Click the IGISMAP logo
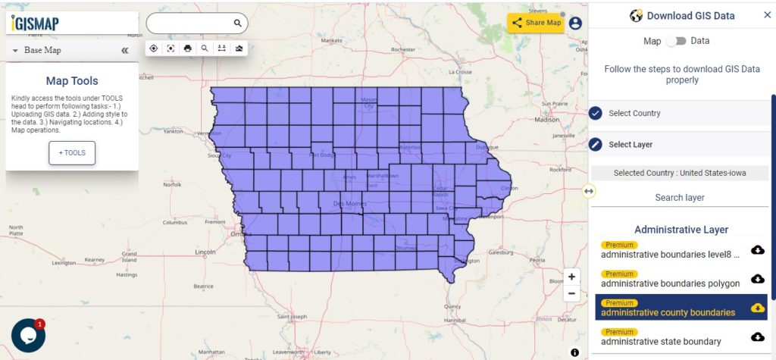tap(35, 23)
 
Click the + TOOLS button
tap(72, 152)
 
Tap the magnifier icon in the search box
tap(237, 23)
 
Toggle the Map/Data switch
tap(676, 41)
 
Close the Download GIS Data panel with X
tap(767, 15)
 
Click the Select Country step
tap(634, 113)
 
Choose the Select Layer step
tap(630, 144)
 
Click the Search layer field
tap(680, 197)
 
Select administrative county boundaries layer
tap(668, 312)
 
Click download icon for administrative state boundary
tap(757, 337)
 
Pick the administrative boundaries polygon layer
tap(670, 283)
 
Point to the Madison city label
tap(546, 120)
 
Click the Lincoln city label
tap(205, 252)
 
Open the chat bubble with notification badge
tap(28, 335)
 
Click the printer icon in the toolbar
tap(187, 48)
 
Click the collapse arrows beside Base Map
tap(125, 51)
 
